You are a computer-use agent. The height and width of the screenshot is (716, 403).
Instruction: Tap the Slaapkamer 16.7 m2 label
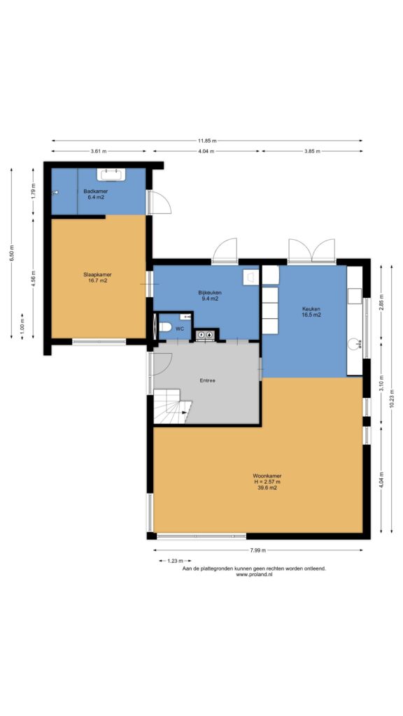click(x=97, y=278)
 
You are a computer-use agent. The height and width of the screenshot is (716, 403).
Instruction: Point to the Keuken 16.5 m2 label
click(x=311, y=311)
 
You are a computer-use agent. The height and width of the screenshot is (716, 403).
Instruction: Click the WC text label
click(x=180, y=329)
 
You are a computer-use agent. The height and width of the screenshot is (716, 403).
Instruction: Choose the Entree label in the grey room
click(x=207, y=380)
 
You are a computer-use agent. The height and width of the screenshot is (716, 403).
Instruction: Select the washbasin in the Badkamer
click(x=111, y=174)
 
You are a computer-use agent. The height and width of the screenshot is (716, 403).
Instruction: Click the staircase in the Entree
click(x=172, y=406)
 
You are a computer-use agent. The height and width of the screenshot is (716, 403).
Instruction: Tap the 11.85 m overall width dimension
click(x=207, y=141)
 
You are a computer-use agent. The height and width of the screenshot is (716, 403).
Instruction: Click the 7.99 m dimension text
click(x=257, y=550)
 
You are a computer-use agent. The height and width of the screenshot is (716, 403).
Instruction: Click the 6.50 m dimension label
click(x=12, y=253)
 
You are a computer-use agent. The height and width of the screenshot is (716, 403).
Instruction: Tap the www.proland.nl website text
click(x=254, y=575)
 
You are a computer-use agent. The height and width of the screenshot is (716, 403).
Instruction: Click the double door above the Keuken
click(x=311, y=251)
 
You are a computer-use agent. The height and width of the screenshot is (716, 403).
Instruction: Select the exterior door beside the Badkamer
click(x=159, y=202)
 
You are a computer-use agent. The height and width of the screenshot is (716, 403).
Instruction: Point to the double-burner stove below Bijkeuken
click(x=205, y=335)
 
